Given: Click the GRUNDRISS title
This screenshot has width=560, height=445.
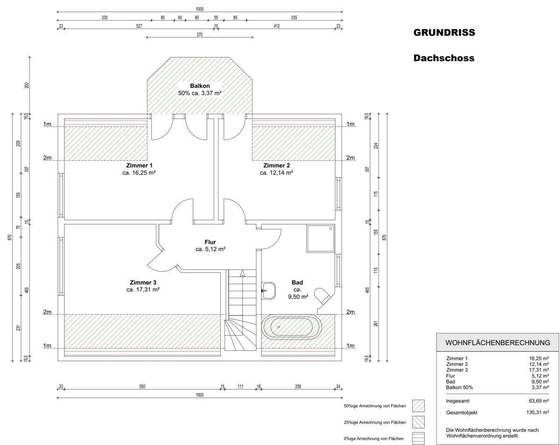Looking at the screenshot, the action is point(444,33).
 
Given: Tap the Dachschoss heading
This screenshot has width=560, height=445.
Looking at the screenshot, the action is point(444,58).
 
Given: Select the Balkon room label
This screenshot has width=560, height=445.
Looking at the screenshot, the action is point(200,86).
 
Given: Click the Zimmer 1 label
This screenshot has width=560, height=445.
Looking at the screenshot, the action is point(139,165).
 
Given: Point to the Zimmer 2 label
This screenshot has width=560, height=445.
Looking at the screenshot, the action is point(276,165).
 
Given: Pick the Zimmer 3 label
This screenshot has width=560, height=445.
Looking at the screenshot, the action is point(143,282).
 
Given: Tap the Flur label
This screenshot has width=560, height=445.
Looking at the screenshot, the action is point(210,242).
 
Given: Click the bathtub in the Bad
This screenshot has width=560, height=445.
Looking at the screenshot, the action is point(292,327).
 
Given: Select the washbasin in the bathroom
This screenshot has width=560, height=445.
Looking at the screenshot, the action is point(268,290).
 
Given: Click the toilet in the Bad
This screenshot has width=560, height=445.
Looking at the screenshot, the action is point(322,296).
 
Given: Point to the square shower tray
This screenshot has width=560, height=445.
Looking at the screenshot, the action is point(321,238).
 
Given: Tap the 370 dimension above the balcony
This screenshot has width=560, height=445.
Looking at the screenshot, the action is point(199,35).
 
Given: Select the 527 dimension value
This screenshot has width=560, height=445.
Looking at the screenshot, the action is point(139,26).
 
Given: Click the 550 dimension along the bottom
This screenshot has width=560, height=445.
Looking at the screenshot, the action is point(142,387).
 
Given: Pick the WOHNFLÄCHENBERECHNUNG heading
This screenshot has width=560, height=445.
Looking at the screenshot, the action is point(497,343).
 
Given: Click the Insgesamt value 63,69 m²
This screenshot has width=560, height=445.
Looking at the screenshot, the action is point(539,401).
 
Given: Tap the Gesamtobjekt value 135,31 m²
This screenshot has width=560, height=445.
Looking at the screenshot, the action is point(537,412).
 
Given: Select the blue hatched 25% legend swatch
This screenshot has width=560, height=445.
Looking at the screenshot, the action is point(418,422).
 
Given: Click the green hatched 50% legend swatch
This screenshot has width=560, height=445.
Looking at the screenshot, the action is point(418,406).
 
